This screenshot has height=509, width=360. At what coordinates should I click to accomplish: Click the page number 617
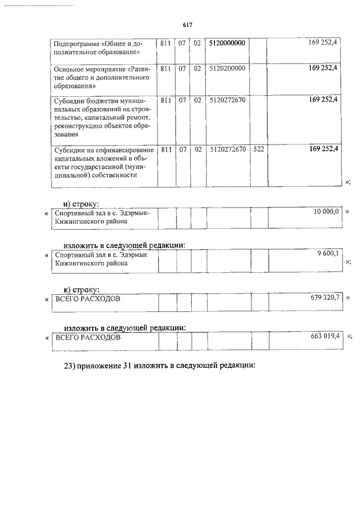coord(188,25)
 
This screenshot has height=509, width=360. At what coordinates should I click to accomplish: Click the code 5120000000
coord(227,43)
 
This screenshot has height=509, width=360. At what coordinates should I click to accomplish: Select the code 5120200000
coord(227,69)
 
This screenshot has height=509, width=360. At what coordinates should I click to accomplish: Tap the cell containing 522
coord(258,150)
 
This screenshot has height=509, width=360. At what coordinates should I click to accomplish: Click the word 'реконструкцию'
coord(78,126)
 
